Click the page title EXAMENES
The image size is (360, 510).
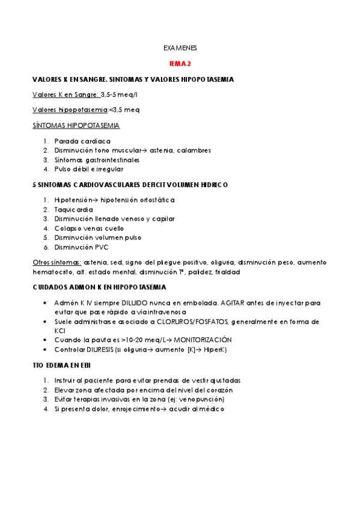click(x=180, y=48)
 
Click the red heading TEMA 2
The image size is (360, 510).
click(x=180, y=63)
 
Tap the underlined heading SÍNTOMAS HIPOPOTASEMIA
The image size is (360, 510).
click(x=76, y=125)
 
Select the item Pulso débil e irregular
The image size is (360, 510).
click(x=88, y=170)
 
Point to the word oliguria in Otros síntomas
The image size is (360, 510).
click(x=222, y=263)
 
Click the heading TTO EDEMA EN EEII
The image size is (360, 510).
click(x=62, y=365)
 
